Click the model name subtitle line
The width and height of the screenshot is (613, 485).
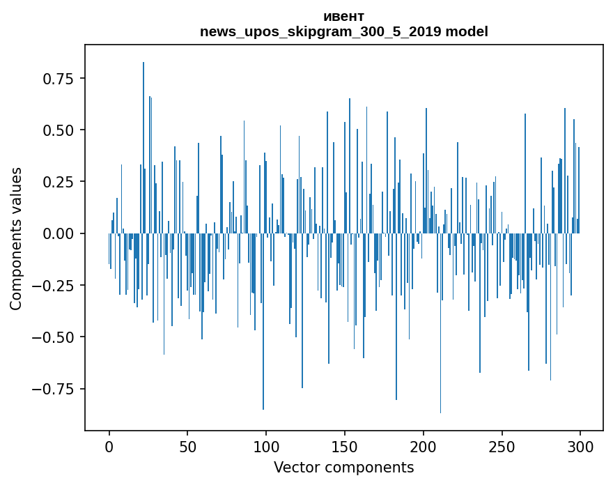(343, 31)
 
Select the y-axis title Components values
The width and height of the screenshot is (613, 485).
(16, 238)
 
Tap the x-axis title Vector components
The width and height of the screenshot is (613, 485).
(343, 468)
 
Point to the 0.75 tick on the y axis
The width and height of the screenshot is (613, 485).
(59, 79)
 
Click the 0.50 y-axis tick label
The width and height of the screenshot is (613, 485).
(59, 130)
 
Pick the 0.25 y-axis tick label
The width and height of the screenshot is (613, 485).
(59, 182)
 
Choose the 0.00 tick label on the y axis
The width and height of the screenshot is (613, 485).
(59, 233)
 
